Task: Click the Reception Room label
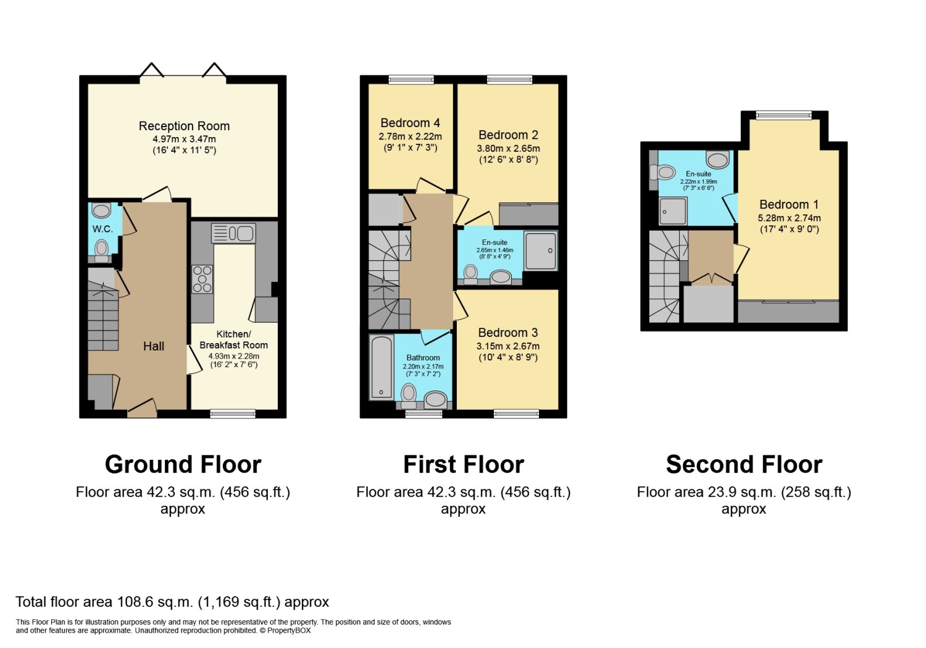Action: (184, 126)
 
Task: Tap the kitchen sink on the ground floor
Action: (233, 233)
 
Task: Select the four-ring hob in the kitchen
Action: (202, 279)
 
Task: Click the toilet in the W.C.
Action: (102, 249)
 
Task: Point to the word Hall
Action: (154, 346)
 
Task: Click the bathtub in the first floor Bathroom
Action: (382, 367)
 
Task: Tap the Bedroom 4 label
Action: (410, 123)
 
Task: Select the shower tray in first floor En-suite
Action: (540, 251)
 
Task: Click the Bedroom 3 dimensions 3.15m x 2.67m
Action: (508, 346)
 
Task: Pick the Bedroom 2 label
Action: (508, 135)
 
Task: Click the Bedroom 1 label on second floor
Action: (789, 204)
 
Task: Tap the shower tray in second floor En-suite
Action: (673, 210)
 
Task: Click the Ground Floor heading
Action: (183, 464)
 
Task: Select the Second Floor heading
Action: (744, 464)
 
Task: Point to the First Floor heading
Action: (463, 464)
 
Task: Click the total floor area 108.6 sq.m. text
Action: (172, 602)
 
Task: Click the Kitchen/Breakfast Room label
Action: (233, 339)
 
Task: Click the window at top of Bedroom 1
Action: (784, 115)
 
